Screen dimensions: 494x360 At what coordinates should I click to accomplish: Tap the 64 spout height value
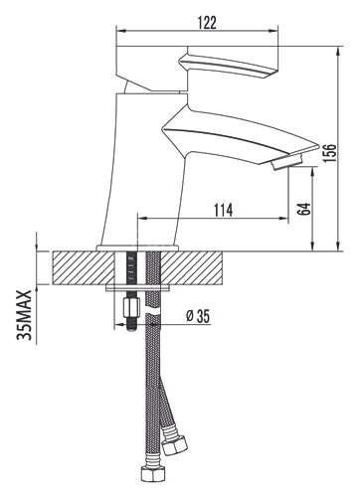click(x=304, y=210)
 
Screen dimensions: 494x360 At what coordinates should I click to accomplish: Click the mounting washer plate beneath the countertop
click(x=139, y=289)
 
